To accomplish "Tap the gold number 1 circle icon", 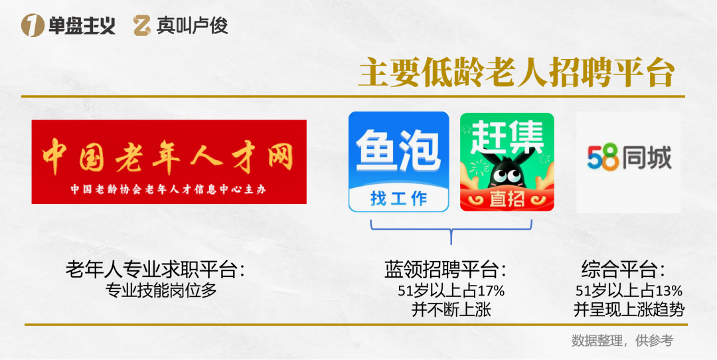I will point(31,26).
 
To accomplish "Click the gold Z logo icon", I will point(142,26).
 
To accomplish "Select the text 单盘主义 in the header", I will point(82,26).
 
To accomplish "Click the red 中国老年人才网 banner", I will point(169,161).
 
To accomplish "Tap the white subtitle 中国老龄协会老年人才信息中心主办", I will point(169,189).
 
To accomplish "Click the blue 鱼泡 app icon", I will point(398,161).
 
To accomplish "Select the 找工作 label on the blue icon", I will point(398,198).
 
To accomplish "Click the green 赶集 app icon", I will point(507,161).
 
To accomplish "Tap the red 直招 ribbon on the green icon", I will point(507,199).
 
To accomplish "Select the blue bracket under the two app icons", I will point(451,229).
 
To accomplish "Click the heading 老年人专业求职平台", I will point(155,271).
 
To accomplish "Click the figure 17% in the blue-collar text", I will point(492,291).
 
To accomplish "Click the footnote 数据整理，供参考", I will point(622,341).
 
